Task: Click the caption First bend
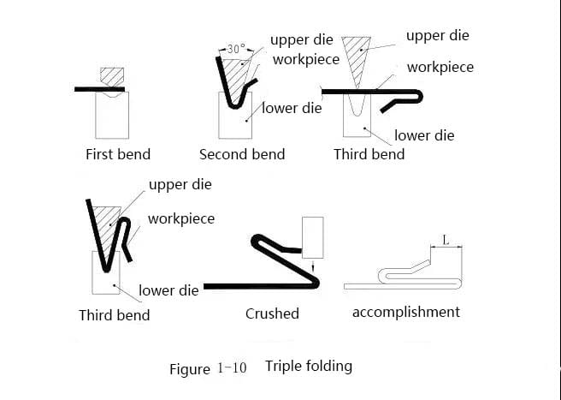point(118,154)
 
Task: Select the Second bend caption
point(242,154)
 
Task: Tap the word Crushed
point(272,313)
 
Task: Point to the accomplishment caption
point(406,312)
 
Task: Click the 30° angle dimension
point(237,49)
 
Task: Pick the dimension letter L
point(446,240)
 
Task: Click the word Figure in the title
point(190,369)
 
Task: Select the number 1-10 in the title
point(233,367)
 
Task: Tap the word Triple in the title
point(282,367)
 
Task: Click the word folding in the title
point(328,367)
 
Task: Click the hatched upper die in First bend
point(112,77)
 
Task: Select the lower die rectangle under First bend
point(112,115)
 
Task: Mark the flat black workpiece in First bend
point(99,89)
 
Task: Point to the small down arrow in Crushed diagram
point(313,266)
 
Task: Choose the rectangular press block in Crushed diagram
point(313,237)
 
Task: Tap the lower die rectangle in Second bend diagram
point(235,115)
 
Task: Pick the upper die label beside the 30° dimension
point(302,39)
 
